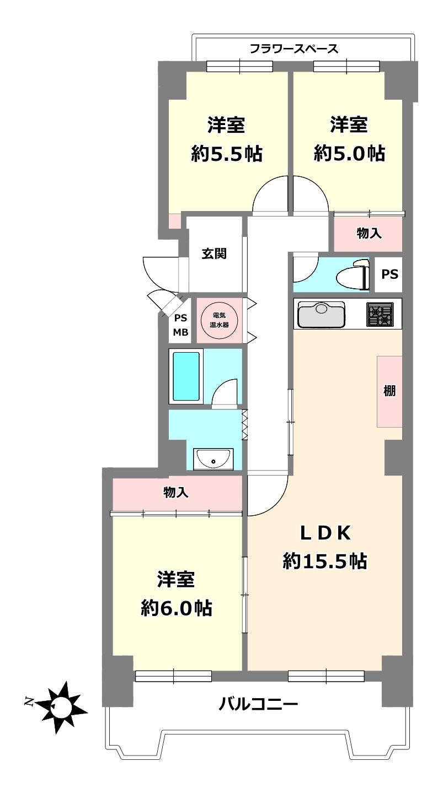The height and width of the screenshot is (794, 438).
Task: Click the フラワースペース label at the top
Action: [x=294, y=48]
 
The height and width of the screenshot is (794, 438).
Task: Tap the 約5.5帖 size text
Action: [x=227, y=154]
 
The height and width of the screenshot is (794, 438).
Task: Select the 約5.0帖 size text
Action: [x=349, y=154]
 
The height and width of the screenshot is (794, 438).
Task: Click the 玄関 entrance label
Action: [x=214, y=254]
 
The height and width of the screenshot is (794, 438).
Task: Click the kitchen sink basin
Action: [x=321, y=315]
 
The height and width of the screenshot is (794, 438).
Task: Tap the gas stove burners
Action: [x=380, y=315]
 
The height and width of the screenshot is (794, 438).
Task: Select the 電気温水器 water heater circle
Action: [x=219, y=320]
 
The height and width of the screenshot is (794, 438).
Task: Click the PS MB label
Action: [x=180, y=325]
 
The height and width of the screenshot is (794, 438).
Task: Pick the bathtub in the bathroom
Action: [x=186, y=376]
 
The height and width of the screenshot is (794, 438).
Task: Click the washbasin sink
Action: [x=213, y=459]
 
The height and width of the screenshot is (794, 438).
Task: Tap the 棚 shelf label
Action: [x=389, y=391]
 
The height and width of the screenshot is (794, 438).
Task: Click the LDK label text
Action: [x=325, y=533]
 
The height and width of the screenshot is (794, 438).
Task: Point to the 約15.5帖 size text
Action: [x=325, y=561]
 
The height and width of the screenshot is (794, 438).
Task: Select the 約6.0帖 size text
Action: [x=177, y=608]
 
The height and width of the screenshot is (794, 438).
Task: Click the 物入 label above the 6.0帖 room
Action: [x=176, y=493]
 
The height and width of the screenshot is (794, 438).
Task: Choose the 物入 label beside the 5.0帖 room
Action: [x=369, y=233]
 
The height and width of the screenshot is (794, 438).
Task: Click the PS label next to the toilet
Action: [x=389, y=274]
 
